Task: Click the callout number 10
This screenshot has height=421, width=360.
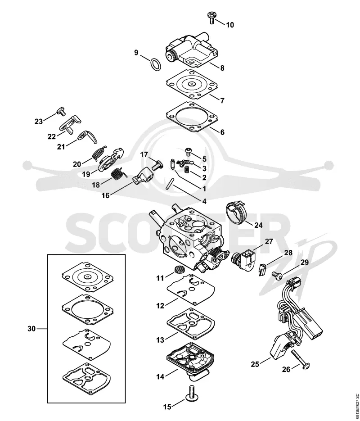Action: coord(230,25)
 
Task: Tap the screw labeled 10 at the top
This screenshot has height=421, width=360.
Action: coord(212,18)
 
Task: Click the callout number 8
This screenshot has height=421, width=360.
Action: coord(222,68)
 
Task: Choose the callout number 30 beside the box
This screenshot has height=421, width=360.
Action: coord(31,328)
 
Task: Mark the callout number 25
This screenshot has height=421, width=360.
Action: coord(255,364)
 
